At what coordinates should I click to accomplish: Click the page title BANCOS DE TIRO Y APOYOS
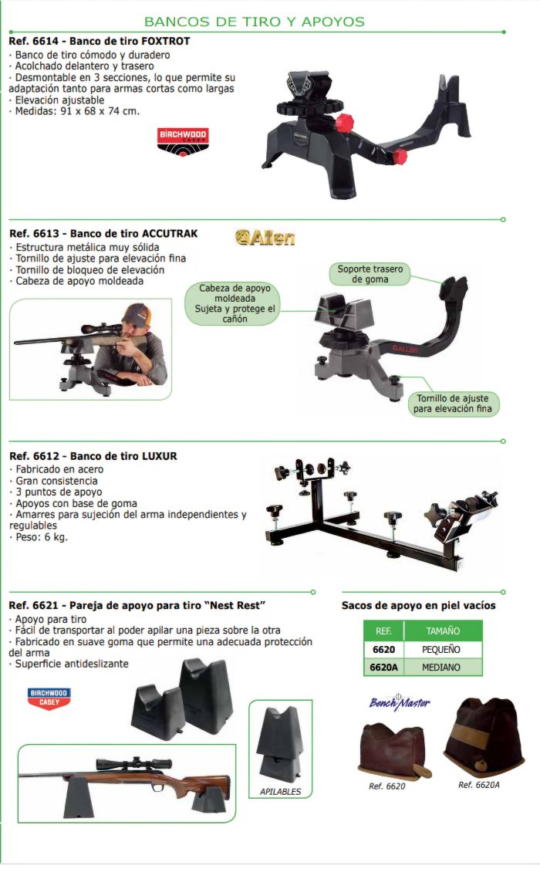tap(255, 22)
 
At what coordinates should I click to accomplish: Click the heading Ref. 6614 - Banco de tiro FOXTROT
tap(100, 41)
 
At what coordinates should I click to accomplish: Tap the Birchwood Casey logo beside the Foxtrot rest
tap(182, 141)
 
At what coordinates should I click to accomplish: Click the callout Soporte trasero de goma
tap(370, 274)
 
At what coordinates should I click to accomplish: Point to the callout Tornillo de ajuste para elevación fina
tap(452, 404)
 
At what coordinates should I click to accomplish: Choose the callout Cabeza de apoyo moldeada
tap(235, 303)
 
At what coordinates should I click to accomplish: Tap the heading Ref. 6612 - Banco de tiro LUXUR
tap(93, 456)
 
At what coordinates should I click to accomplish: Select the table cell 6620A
tap(384, 668)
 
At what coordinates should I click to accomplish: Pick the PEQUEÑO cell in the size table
tap(441, 650)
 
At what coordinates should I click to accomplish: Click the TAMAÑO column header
tap(443, 631)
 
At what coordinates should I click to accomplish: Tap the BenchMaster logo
tap(400, 703)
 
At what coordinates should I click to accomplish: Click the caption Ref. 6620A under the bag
tap(478, 785)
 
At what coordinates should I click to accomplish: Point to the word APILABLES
tap(280, 791)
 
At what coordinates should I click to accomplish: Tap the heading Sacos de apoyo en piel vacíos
tap(418, 605)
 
